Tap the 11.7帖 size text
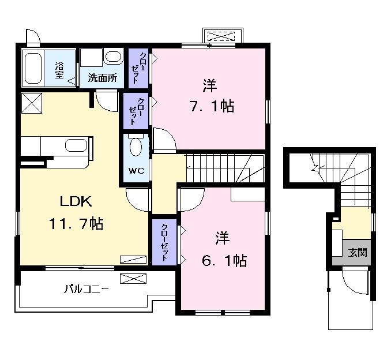point(76,224)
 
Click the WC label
point(136,171)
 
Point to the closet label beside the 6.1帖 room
point(166,242)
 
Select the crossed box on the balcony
point(129,279)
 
